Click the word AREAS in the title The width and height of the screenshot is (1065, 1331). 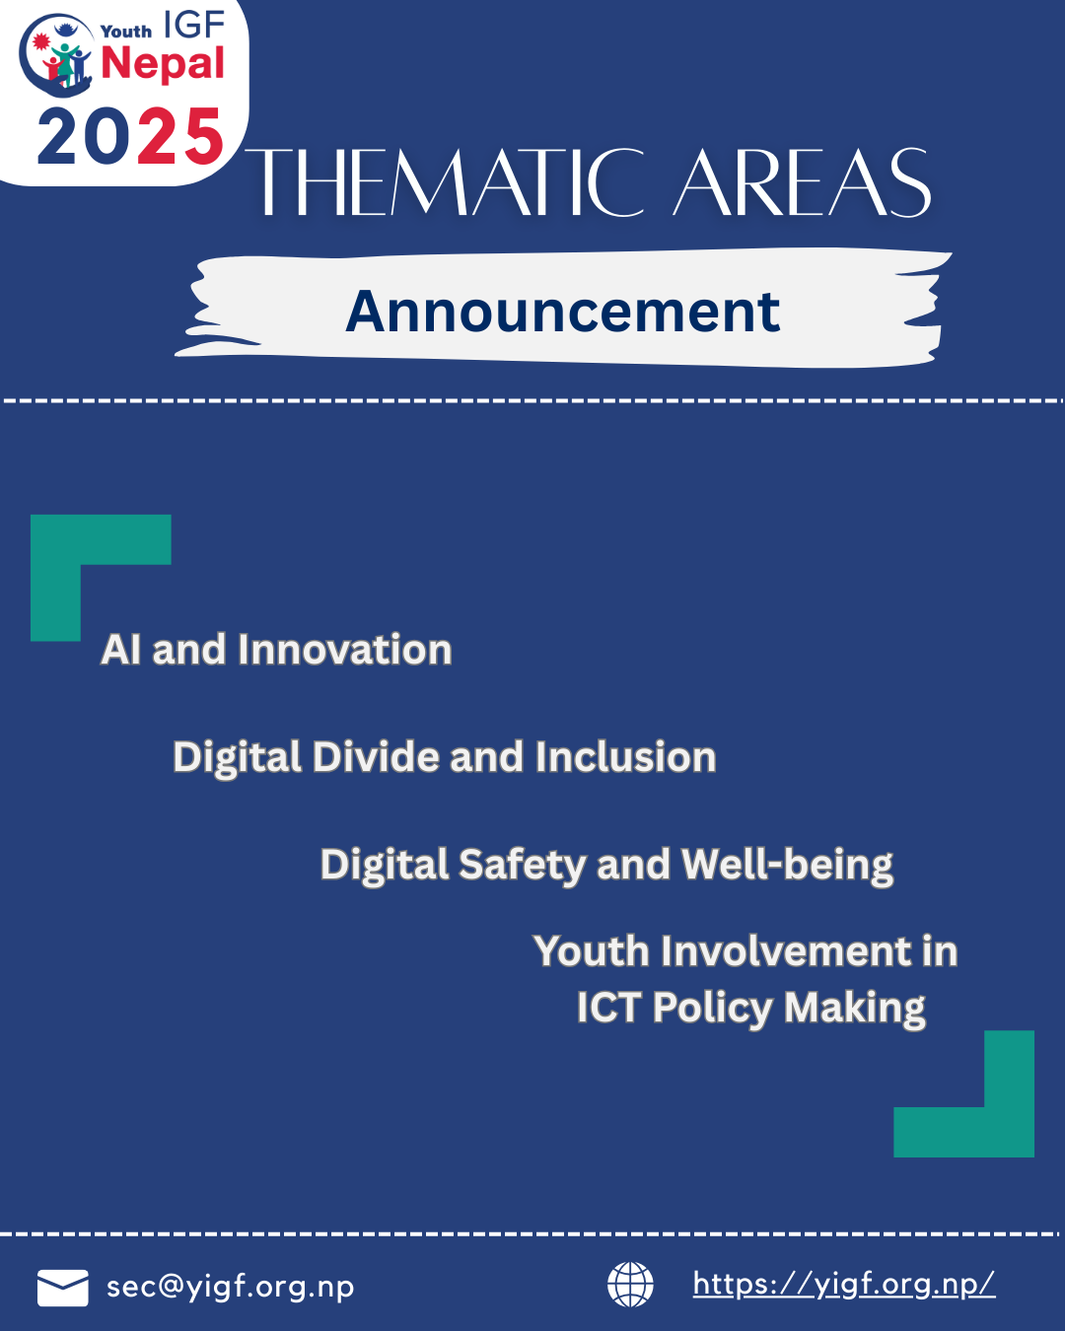pos(803,182)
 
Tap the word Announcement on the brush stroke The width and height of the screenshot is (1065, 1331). pos(562,312)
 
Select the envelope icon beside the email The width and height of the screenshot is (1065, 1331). pos(62,1289)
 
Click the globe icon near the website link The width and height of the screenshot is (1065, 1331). pos(630,1285)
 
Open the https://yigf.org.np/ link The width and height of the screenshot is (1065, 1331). pos(844,1285)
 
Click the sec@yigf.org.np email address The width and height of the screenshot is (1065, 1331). pos(230,1287)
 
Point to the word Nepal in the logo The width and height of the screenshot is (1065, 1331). pos(163,64)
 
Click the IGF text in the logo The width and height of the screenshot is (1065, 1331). pos(193,25)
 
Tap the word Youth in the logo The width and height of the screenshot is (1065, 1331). pos(126,31)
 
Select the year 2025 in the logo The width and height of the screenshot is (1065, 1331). pos(130,136)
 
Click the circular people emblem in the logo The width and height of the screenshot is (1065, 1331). pos(56,55)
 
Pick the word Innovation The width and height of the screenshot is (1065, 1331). pos(345,650)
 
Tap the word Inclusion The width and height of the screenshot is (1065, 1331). pos(625,756)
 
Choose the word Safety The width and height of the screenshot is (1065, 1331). pos(523,866)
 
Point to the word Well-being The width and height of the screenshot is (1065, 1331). pos(787,866)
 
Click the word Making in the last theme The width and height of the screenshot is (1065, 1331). pos(855,1009)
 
